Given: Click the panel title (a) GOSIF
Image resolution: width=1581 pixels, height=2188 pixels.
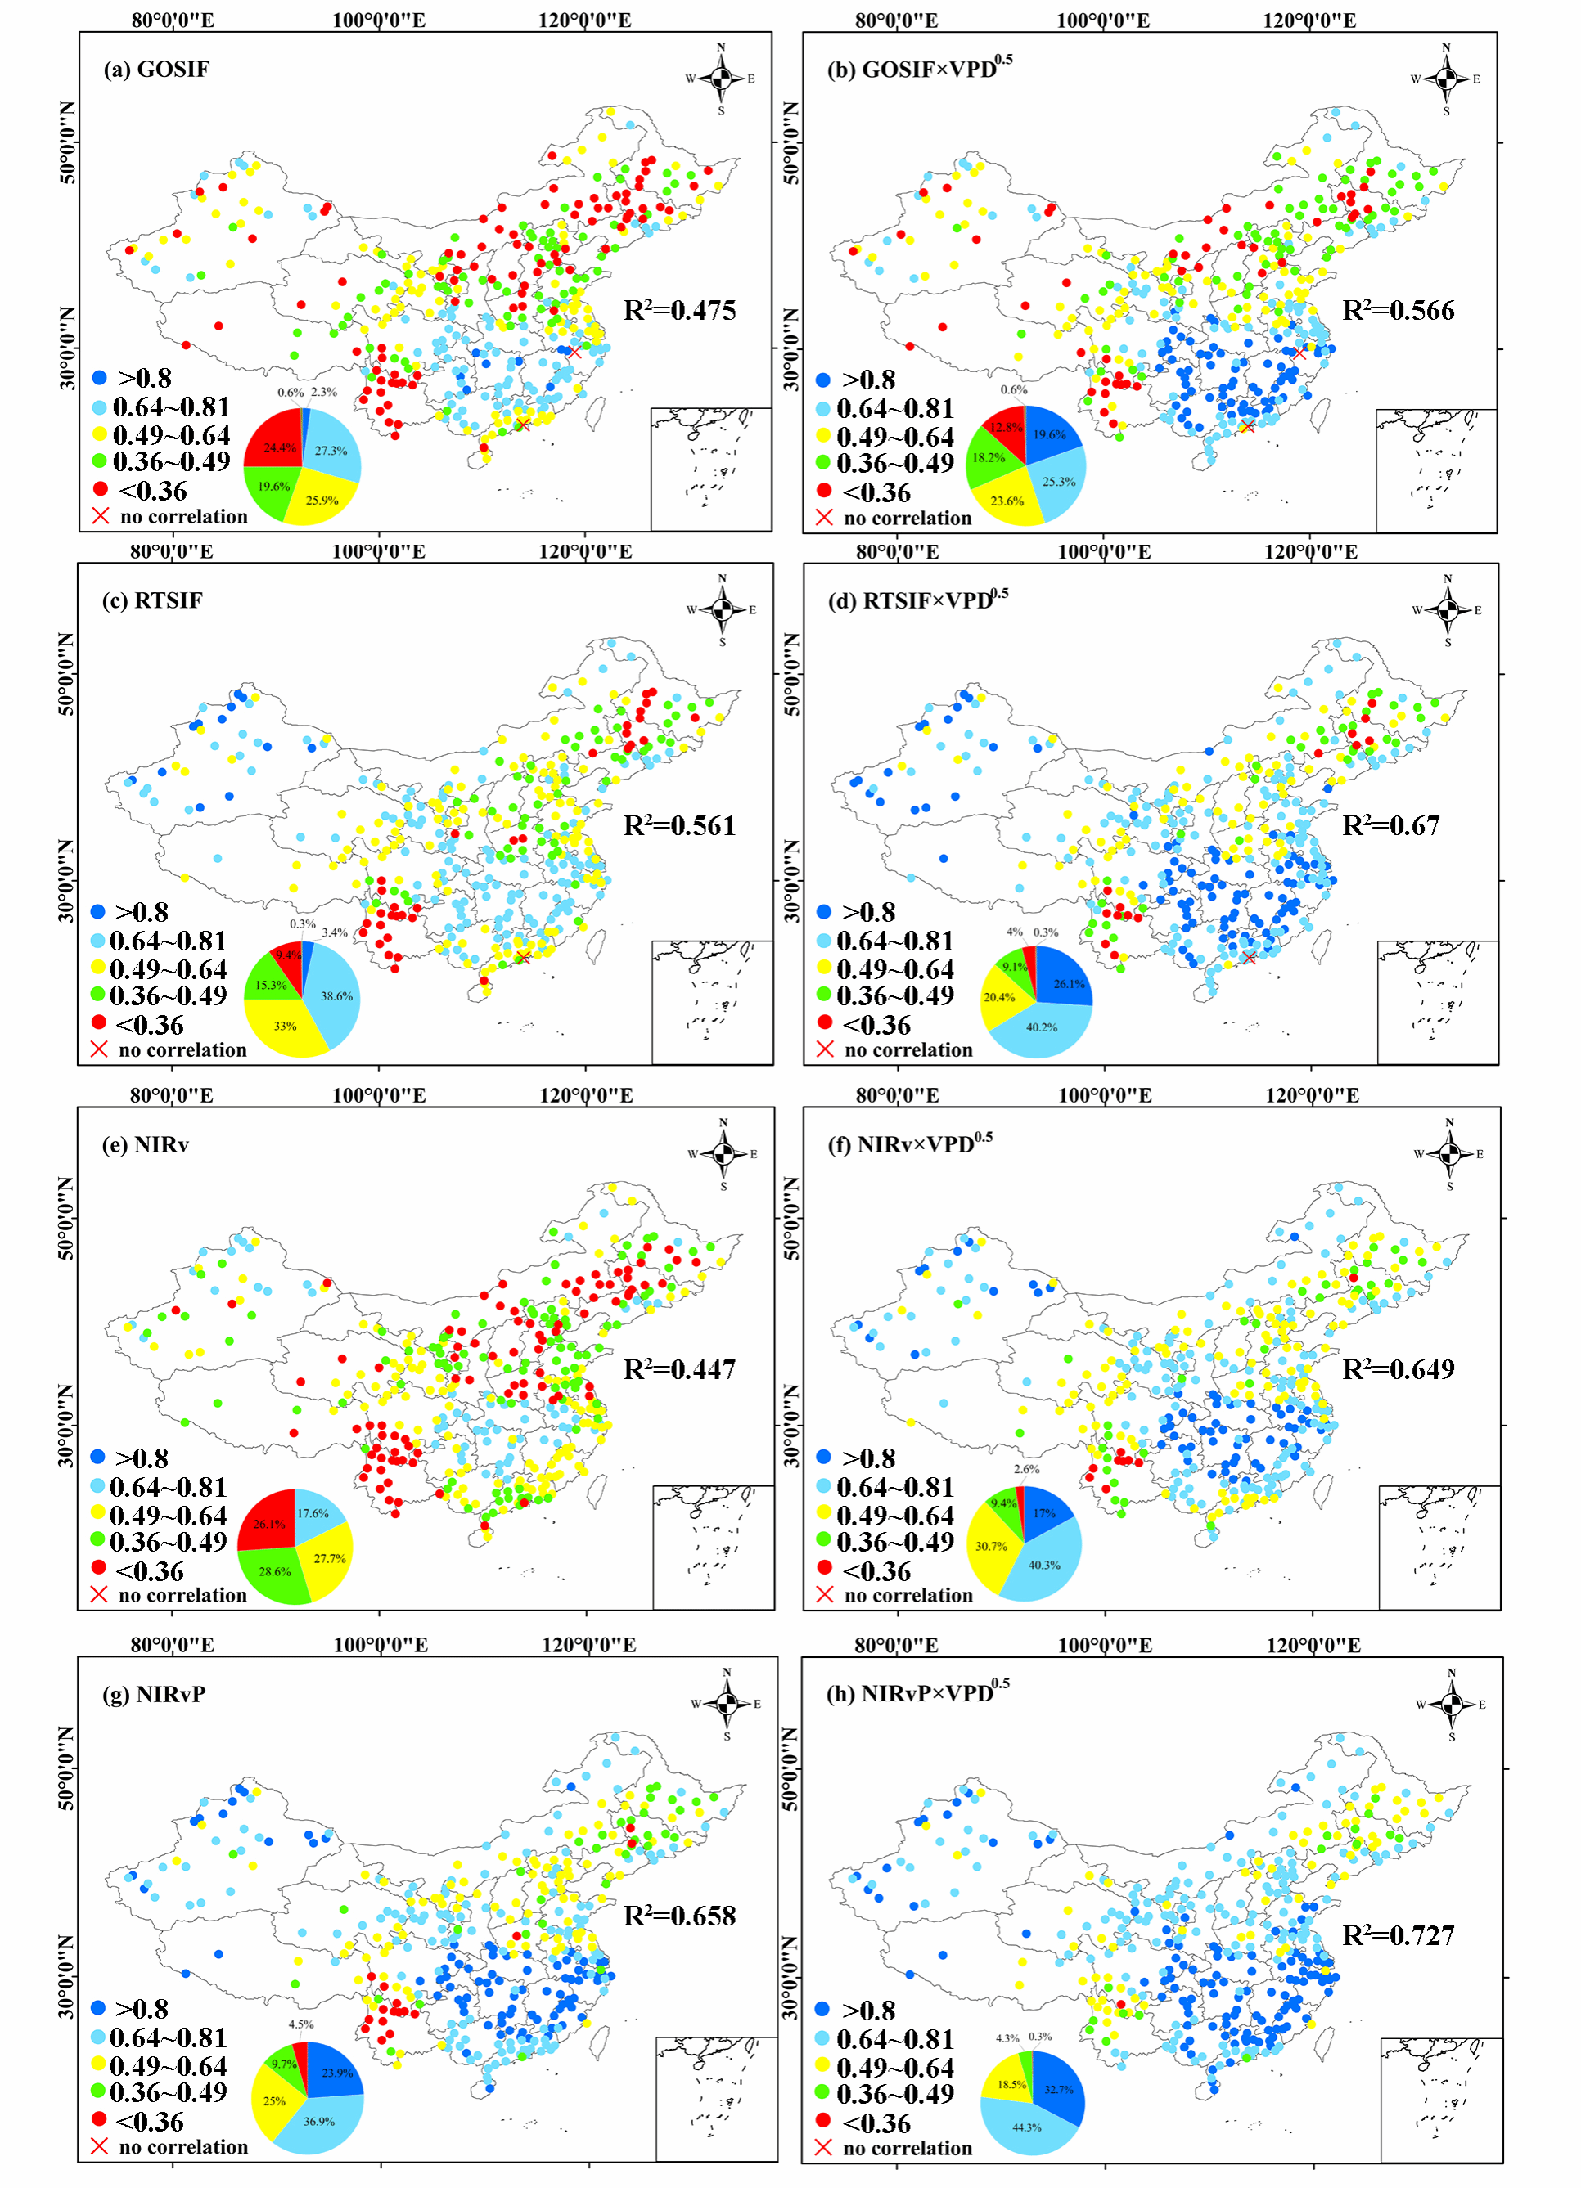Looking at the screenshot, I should click(x=156, y=70).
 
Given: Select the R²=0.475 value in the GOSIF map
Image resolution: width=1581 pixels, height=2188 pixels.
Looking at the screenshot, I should click(x=679, y=311).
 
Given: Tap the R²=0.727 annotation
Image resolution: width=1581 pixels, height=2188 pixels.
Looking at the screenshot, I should click(x=1398, y=1935).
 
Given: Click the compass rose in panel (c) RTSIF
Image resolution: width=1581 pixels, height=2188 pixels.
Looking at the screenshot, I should click(x=722, y=609).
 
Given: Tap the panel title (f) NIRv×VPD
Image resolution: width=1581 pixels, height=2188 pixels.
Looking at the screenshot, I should click(x=909, y=1144).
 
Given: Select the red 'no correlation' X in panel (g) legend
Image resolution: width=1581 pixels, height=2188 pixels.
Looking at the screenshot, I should click(x=98, y=2146).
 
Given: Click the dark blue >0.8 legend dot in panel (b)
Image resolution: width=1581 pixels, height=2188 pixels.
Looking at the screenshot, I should click(x=823, y=380).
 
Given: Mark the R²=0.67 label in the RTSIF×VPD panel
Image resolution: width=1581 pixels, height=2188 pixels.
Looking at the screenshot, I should click(x=1391, y=826).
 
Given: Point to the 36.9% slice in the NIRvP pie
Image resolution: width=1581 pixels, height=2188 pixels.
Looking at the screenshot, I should click(x=318, y=2118).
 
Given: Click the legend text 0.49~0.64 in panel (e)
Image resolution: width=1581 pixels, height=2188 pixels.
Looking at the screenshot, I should click(x=168, y=1516).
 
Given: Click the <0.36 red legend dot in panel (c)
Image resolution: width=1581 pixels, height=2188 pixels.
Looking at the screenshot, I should click(x=98, y=1022).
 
